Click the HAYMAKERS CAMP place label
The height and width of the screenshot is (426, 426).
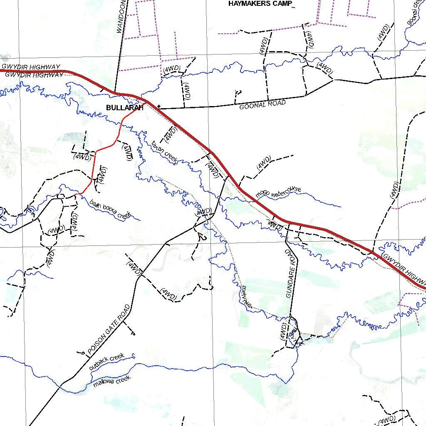click(260, 4)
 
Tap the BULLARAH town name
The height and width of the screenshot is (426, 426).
click(125, 108)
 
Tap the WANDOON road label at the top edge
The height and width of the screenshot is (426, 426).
click(121, 17)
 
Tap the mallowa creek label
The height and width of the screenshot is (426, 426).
click(111, 381)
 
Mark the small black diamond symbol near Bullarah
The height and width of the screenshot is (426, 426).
click(159, 106)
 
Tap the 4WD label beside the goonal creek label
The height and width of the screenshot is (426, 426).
click(383, 32)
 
